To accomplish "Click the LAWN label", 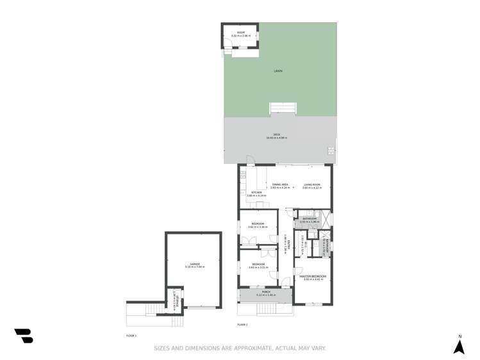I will pos(278,71).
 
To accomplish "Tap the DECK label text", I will pos(277,135).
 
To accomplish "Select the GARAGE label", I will pos(195,264).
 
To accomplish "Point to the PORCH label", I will pos(266,292).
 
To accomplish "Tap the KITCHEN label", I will pos(256,192).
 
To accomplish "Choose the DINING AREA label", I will pos(279,184).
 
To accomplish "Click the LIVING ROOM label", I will pos(312,184).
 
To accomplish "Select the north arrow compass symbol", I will pos(459,347).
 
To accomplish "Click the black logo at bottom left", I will pos(24,336).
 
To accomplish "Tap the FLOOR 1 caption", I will pos(131,336).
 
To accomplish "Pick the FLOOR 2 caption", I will pos(242,325).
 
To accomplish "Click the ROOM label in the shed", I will pos(241,33).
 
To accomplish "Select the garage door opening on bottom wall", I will pos(201,307).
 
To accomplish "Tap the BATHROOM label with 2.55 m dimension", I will pos(310,219).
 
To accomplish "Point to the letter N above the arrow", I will pos(459,336).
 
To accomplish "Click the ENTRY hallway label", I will pos(289,244).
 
